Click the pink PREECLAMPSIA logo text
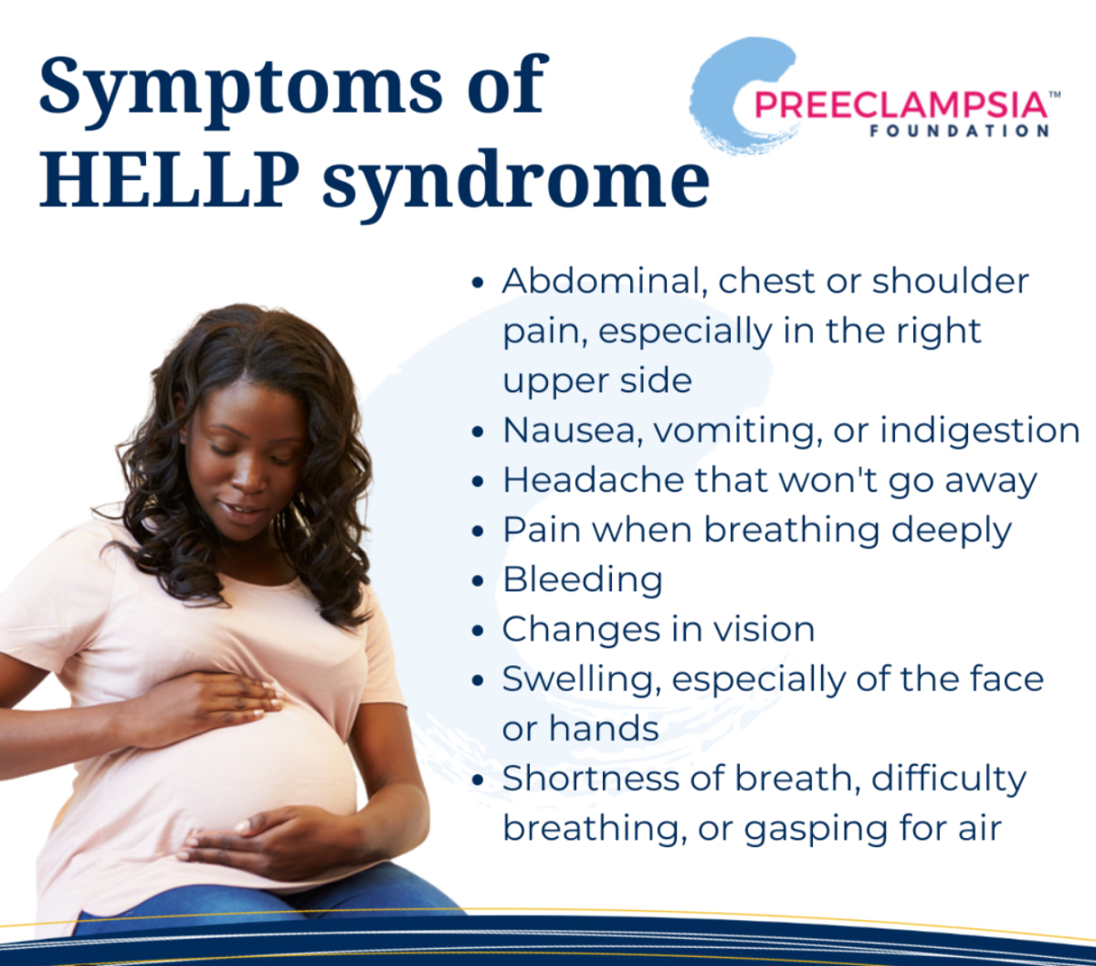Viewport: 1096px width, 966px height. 901,105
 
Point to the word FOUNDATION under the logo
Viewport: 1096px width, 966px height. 959,131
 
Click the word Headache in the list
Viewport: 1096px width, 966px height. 594,480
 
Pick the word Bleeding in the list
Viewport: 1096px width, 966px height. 583,580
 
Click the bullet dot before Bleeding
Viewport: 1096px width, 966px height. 477,581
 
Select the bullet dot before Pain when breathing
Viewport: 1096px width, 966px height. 477,531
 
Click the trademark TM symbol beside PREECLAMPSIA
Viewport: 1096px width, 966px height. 1054,94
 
